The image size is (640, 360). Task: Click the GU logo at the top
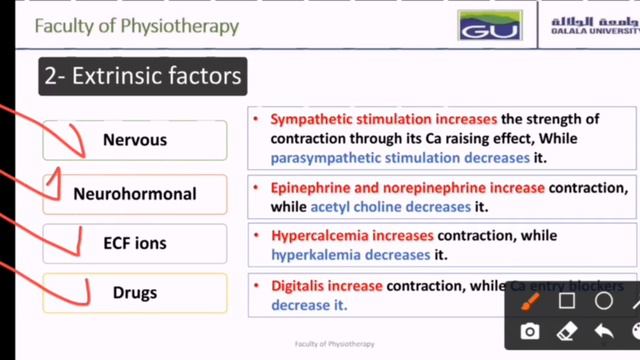point(490,27)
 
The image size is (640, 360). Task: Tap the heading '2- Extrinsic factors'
point(142,75)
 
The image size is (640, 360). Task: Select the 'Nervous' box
point(135,140)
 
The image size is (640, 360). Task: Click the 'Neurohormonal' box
point(135,194)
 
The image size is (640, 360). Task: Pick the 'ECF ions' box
point(135,243)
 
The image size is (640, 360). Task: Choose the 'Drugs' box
point(135,293)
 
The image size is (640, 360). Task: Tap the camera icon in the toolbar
point(530,331)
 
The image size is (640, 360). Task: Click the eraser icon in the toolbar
point(566,331)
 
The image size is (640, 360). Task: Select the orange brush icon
point(530,301)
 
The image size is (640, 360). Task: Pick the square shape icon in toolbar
point(567,301)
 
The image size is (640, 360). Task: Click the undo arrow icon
point(603,331)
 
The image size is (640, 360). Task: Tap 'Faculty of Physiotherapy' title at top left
point(136,25)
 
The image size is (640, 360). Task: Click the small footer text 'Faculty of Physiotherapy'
point(335,344)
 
